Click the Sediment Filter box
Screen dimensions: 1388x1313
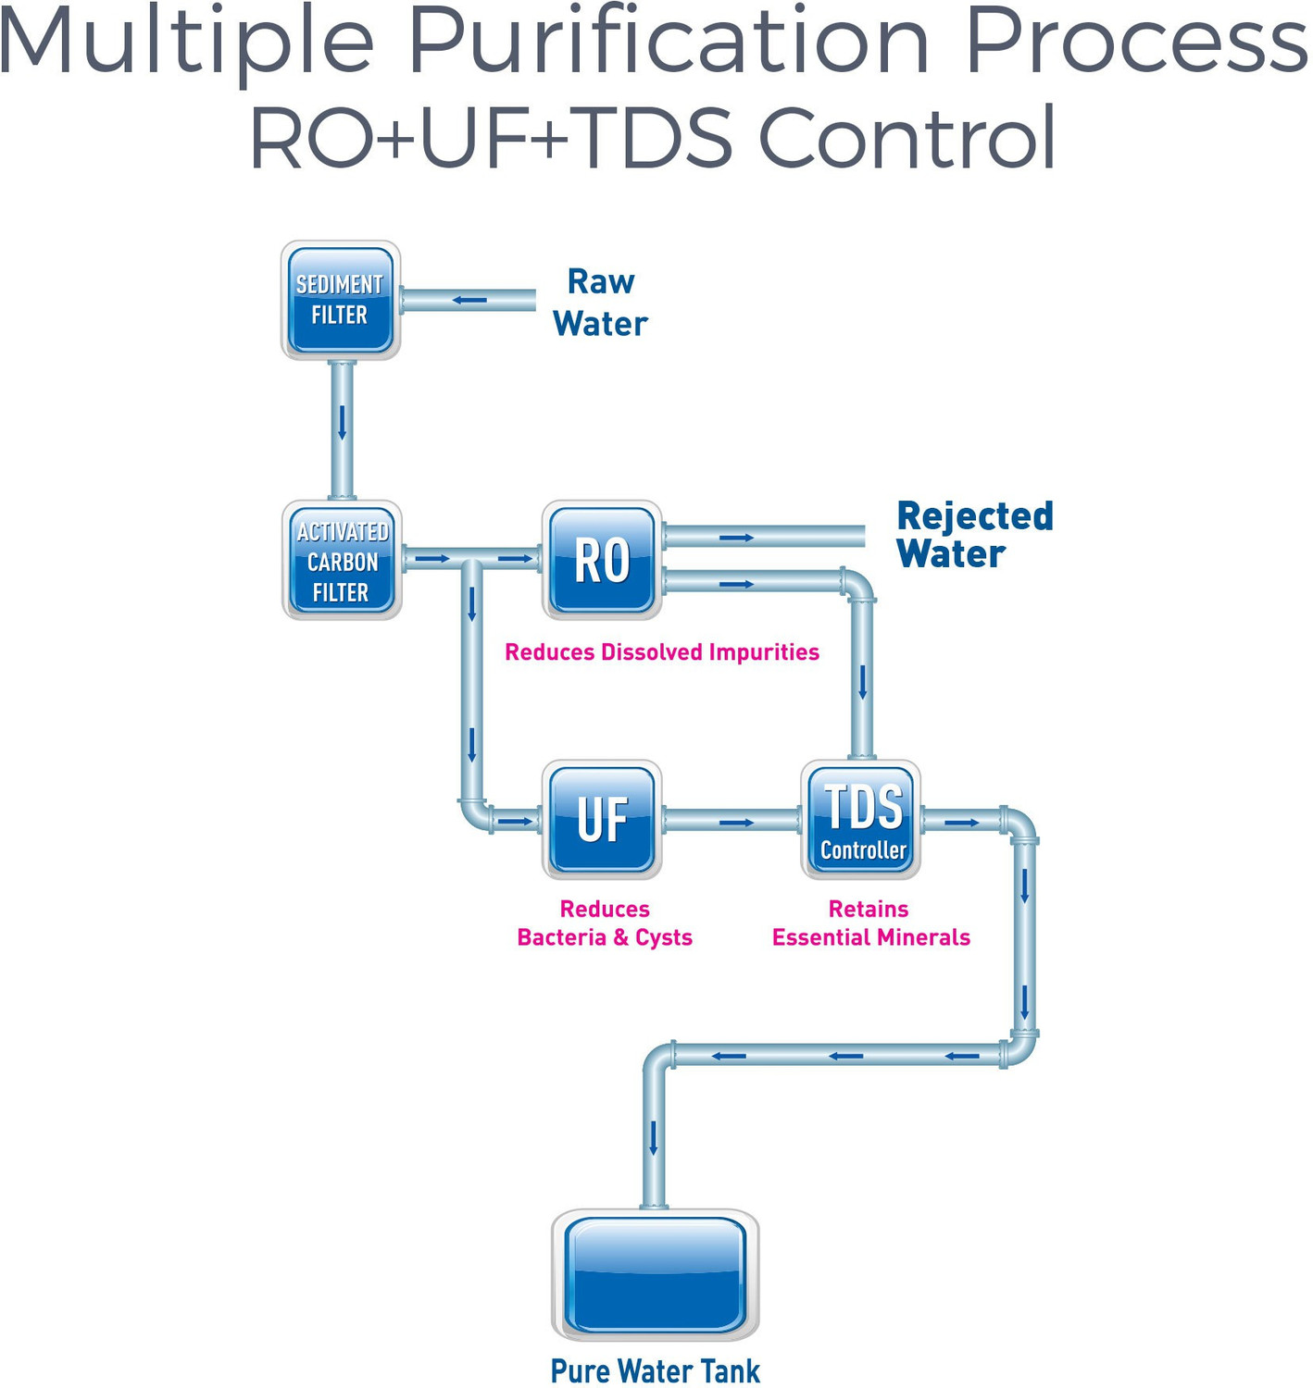point(340,300)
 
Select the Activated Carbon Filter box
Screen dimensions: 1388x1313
point(342,561)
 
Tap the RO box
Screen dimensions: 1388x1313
point(602,561)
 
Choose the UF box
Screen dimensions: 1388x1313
point(602,820)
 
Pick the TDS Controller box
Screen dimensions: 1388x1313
point(861,820)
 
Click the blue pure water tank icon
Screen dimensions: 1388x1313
point(655,1274)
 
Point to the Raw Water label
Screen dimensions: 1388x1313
point(600,303)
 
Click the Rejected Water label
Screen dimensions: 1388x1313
point(974,535)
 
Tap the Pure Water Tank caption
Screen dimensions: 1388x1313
point(655,1370)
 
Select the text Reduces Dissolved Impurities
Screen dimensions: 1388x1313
point(661,652)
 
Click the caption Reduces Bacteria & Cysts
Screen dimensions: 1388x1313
point(605,923)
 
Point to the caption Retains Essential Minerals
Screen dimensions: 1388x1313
point(870,923)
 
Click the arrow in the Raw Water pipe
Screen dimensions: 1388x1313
point(469,300)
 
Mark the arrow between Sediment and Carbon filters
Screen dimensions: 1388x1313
point(342,422)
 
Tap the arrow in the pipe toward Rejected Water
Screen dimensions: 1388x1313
point(736,538)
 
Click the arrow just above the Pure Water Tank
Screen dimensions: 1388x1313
point(654,1137)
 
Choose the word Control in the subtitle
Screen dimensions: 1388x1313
point(907,139)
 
